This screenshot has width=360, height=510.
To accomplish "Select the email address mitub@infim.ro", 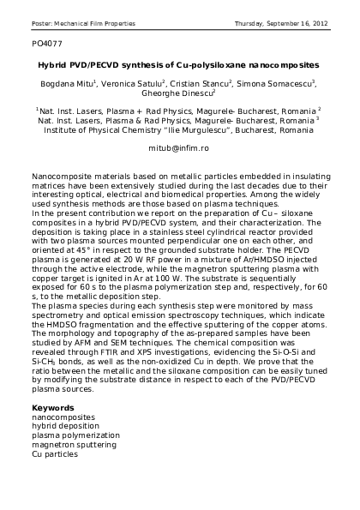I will pyautogui.click(x=178, y=148).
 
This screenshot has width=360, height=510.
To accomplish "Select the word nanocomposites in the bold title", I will pyautogui.click(x=277, y=64).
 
